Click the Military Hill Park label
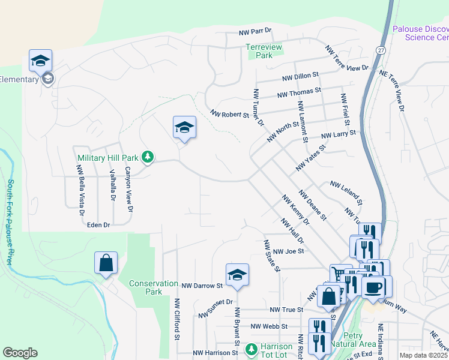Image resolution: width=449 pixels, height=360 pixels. coord(108,158)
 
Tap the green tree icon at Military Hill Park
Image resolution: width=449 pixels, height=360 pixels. coord(147,158)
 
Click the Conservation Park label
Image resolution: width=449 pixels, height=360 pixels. coord(154,287)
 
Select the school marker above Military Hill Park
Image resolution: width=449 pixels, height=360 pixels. coord(184,127)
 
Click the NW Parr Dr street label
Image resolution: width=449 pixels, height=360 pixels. coord(255,31)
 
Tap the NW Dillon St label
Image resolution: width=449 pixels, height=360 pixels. coord(300,77)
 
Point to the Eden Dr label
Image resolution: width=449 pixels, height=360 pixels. coord(98,224)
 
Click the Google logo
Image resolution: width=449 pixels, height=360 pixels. coord(20,353)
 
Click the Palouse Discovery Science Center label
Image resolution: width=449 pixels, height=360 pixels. coord(420,33)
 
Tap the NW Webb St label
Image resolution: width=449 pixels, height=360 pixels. coord(269,326)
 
